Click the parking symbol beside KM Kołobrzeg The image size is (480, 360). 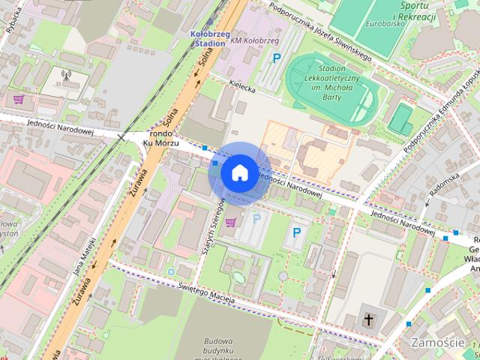pyautogui.click(x=277, y=58)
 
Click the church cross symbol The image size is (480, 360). pyautogui.click(x=369, y=320)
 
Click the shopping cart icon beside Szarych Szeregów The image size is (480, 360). pyautogui.click(x=231, y=221)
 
